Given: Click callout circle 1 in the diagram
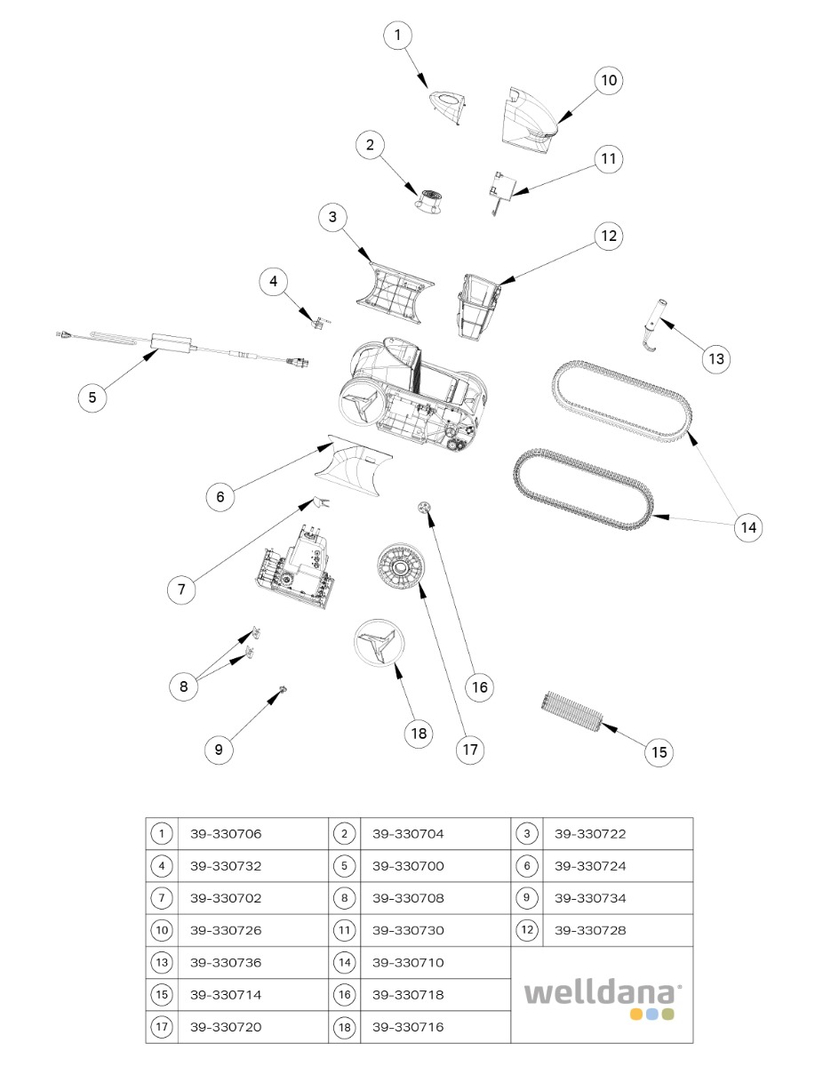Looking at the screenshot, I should coord(397,36).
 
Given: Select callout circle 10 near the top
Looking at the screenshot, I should coord(608,81).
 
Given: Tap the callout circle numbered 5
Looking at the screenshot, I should coord(92,397).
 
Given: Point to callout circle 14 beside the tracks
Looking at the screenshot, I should coord(748,526).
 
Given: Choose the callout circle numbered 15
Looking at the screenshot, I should coord(659,752).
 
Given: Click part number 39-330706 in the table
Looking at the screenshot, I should coord(226,834).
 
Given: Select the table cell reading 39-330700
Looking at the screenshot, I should coord(408,866).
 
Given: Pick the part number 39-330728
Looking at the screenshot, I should coord(590,930).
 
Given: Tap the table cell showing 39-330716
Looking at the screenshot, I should coord(408,1027).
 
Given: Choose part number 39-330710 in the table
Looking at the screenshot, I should coord(408,963).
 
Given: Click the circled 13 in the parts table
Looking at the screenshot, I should coord(161,963).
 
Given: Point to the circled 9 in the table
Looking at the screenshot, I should coord(526,898).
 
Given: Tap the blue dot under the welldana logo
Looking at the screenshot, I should coord(651,1015).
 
